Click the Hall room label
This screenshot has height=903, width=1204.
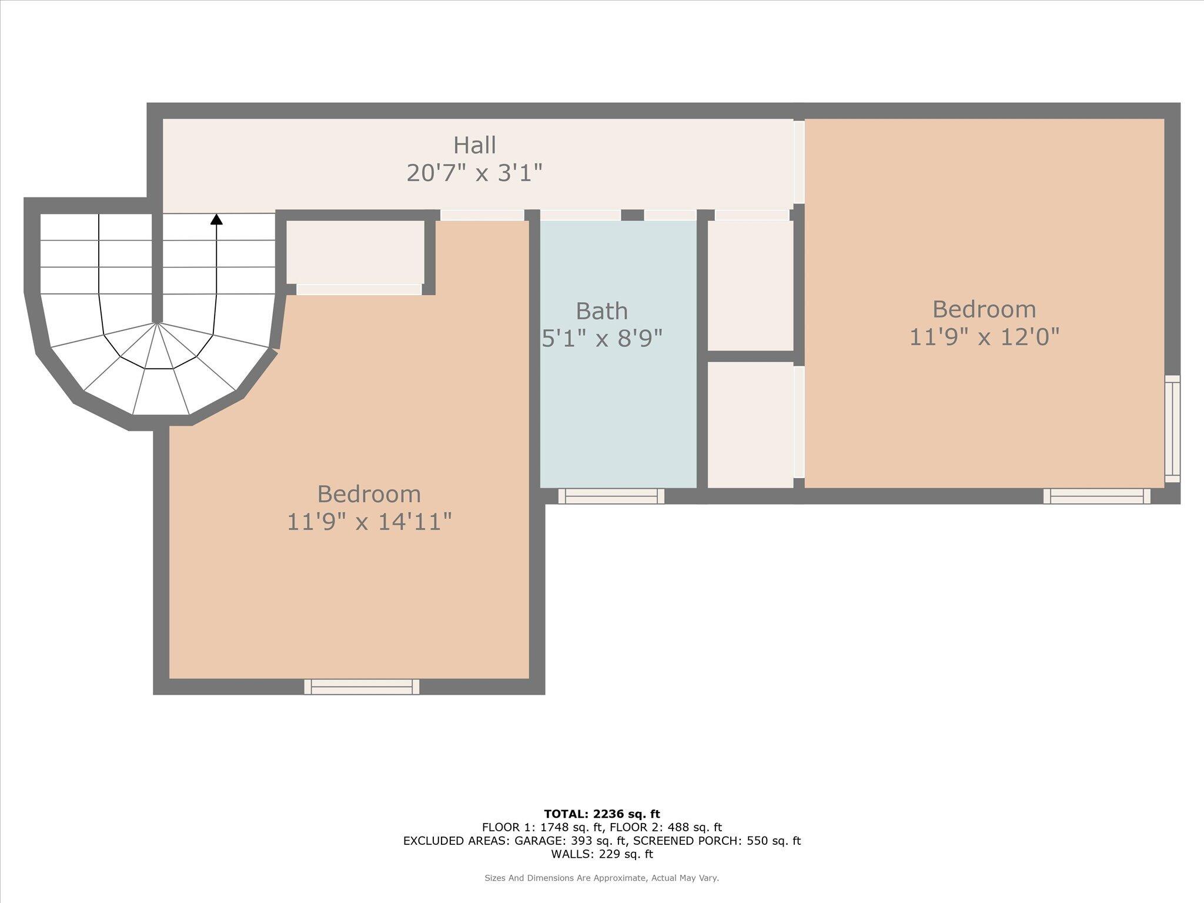click(474, 145)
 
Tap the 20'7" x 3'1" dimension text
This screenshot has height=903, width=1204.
click(474, 173)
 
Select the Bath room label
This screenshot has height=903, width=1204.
click(601, 311)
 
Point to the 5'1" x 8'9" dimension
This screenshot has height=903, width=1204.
click(601, 339)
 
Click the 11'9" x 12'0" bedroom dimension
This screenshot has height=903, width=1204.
click(984, 337)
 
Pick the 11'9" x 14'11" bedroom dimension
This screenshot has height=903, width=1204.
click(369, 522)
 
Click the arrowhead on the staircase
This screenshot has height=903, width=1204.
click(216, 219)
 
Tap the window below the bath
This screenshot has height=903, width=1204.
click(611, 496)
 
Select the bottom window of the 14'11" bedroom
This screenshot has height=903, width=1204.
click(362, 687)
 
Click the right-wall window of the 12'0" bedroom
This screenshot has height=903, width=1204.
click(1172, 429)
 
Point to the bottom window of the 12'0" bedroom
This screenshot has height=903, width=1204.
click(1096, 496)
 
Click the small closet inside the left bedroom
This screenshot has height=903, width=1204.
click(355, 253)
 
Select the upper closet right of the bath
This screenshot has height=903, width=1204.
click(750, 286)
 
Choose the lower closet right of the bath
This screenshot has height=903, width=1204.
click(750, 424)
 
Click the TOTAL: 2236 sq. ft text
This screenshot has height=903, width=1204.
click(601, 814)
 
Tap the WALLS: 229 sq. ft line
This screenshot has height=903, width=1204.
click(601, 854)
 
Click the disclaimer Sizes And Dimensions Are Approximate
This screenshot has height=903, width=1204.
click(601, 878)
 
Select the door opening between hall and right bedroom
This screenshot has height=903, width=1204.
click(799, 162)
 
